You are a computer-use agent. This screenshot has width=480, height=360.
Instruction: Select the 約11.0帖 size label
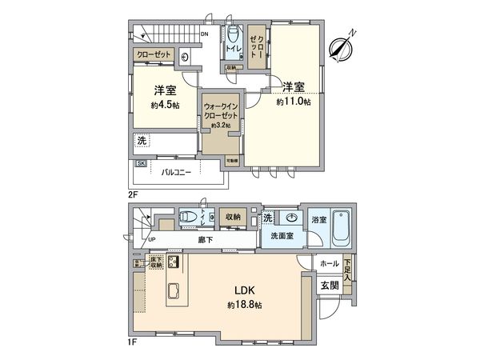tap(294, 102)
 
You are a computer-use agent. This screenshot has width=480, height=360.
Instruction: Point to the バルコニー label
tap(176, 171)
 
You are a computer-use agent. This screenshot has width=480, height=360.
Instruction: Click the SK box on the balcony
tap(141, 164)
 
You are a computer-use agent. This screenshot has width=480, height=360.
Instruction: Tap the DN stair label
tap(205, 34)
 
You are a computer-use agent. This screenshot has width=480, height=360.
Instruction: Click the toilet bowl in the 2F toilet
tap(233, 37)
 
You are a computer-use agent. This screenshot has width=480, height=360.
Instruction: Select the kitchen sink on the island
tap(174, 291)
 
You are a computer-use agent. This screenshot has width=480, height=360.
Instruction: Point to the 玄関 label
tap(330, 284)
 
